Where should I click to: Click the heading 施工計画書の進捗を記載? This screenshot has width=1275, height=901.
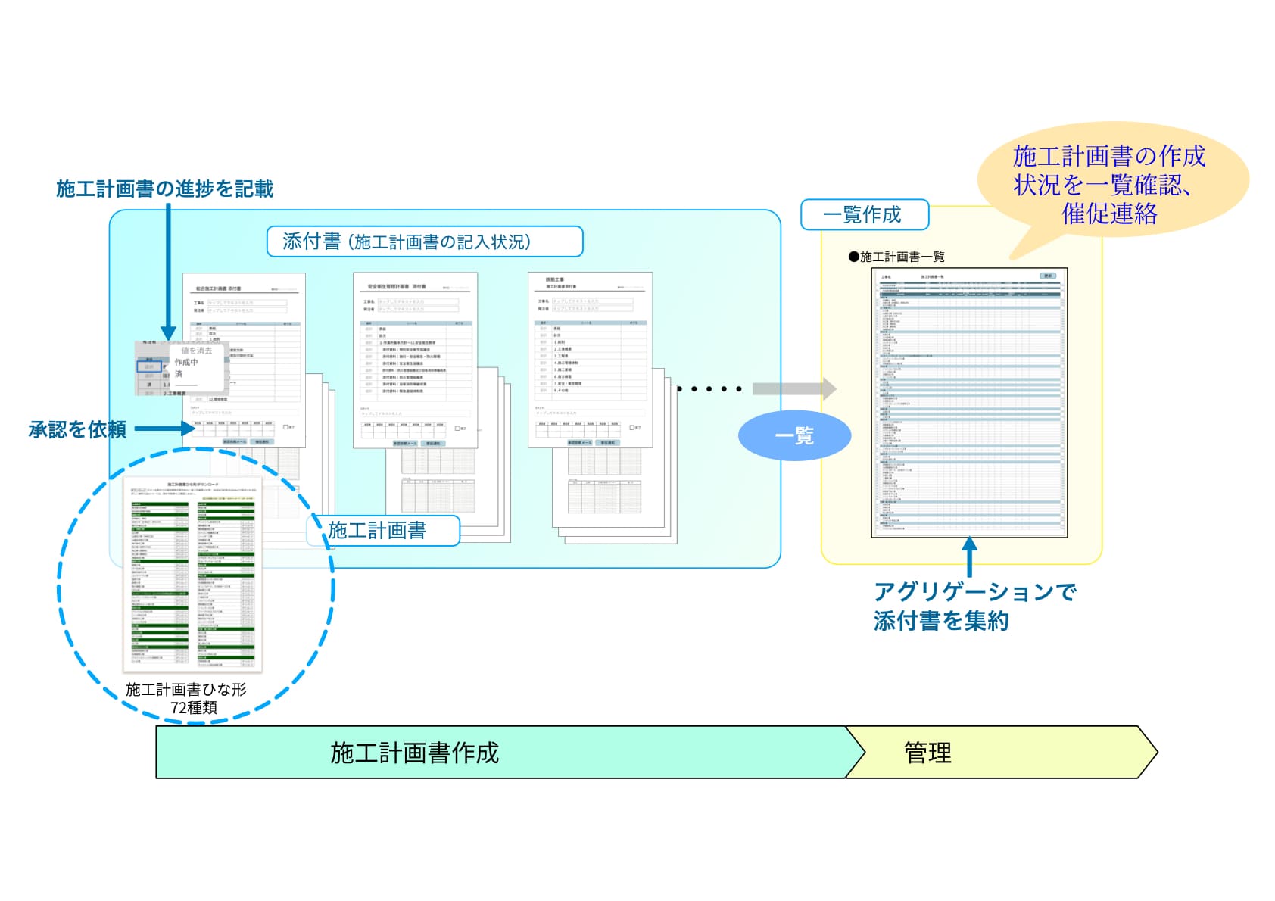(164, 189)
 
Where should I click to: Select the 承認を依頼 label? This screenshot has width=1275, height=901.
(77, 429)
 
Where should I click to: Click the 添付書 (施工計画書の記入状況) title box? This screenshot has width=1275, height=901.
(424, 242)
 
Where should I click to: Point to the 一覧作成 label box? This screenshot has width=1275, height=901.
(864, 214)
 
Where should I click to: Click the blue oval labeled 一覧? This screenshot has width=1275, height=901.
(794, 435)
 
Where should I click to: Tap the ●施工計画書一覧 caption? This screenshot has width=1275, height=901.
(896, 257)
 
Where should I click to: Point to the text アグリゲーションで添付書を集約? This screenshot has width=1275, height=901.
(974, 606)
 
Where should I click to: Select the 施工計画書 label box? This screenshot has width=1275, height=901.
(383, 530)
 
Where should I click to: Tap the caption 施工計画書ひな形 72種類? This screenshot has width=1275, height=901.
(186, 698)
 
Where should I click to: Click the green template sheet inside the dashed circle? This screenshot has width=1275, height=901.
(193, 574)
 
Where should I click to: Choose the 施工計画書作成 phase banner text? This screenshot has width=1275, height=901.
(415, 753)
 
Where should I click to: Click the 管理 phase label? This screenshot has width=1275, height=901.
(927, 753)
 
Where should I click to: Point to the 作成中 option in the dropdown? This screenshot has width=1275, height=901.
(186, 363)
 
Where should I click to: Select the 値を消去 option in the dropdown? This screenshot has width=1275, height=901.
(196, 351)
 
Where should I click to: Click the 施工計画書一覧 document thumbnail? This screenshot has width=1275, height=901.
(969, 403)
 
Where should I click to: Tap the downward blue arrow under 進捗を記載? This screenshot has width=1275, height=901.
(168, 273)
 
